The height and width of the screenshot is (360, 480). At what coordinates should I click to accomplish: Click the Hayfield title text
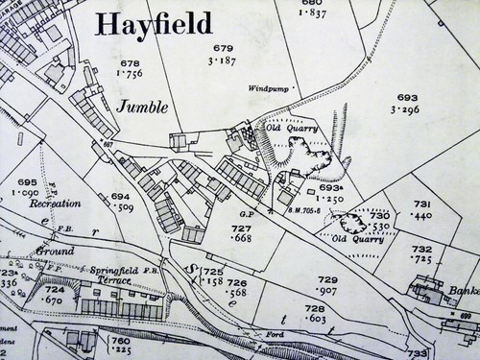click(155, 24)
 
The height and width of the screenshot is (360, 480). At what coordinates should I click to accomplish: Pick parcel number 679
click(223, 49)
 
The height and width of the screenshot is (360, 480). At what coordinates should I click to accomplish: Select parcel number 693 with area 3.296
click(408, 98)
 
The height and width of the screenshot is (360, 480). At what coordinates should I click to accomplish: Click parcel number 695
click(27, 182)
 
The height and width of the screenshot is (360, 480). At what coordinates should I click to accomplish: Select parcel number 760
click(119, 341)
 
